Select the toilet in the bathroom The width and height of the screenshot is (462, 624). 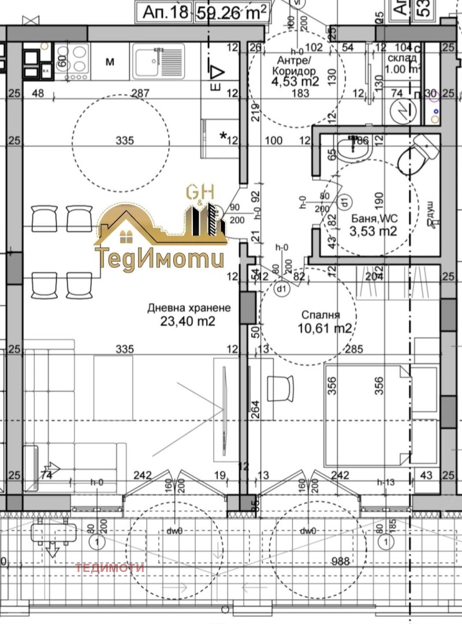tap(417, 153)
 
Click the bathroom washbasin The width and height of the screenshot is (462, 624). tap(352, 150)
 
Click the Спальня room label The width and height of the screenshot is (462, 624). tap(321, 315)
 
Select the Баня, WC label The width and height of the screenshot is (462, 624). tap(374, 218)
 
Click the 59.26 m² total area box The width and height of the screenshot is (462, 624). tap(233, 11)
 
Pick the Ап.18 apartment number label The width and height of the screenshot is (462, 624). tap(165, 11)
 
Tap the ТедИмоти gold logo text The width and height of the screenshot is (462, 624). tap(159, 257)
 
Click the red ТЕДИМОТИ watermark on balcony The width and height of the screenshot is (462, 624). tap(110, 567)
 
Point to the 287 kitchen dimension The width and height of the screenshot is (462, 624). tap(140, 93)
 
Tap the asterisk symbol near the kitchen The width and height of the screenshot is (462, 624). tap(223, 137)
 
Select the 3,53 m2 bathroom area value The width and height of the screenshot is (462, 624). tap(374, 232)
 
